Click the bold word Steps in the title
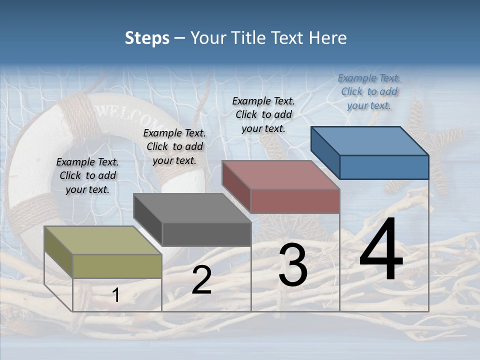(x=147, y=38)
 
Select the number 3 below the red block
(x=293, y=265)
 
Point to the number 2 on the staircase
(x=201, y=280)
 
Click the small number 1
(x=116, y=295)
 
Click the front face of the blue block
(x=384, y=167)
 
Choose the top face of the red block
(x=280, y=175)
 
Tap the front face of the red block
(x=295, y=201)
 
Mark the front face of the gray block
(x=206, y=234)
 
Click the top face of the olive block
(x=102, y=240)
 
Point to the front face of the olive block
(x=117, y=266)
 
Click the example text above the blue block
(x=369, y=91)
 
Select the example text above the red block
(x=263, y=114)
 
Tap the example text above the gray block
(x=174, y=146)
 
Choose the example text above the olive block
(x=87, y=175)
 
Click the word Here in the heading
(x=328, y=38)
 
